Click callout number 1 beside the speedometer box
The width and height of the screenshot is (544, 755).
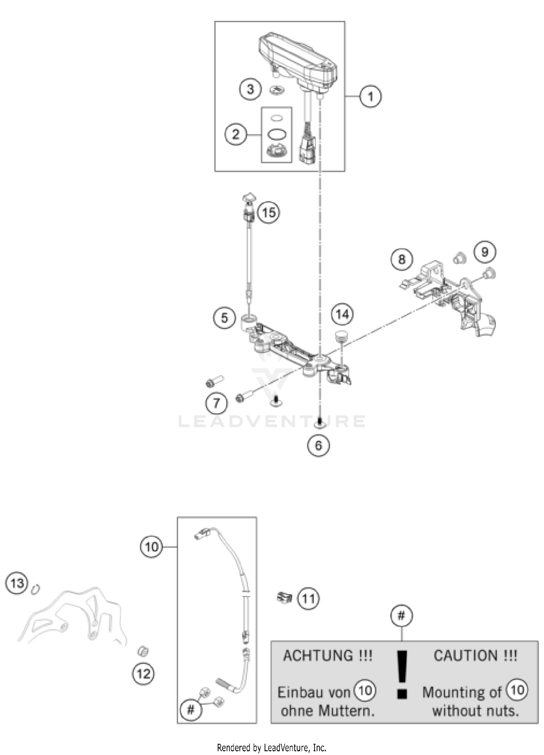370,96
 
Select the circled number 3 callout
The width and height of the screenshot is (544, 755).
250,89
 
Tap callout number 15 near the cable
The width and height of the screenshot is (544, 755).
268,212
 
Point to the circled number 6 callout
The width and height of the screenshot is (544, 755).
318,445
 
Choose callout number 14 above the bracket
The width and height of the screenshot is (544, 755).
342,314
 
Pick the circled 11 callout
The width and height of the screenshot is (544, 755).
309,598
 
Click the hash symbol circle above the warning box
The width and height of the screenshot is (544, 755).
401,615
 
